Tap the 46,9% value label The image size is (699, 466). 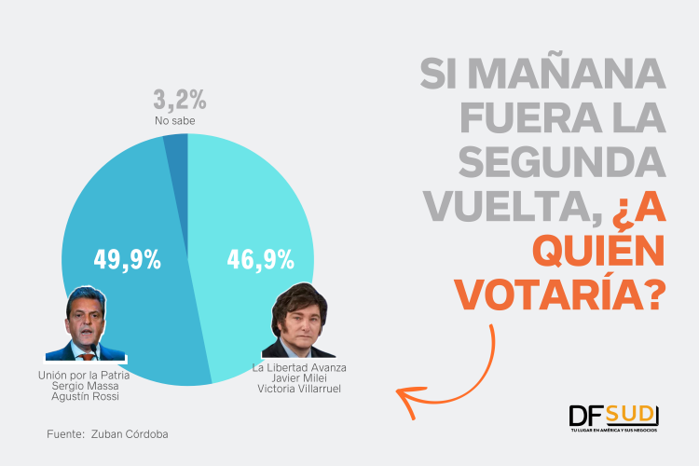tap(260, 258)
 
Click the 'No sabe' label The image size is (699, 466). tap(174, 121)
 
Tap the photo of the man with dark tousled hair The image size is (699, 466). tap(298, 322)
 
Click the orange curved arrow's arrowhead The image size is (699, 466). tap(405, 396)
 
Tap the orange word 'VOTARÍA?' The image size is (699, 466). tap(560, 295)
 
